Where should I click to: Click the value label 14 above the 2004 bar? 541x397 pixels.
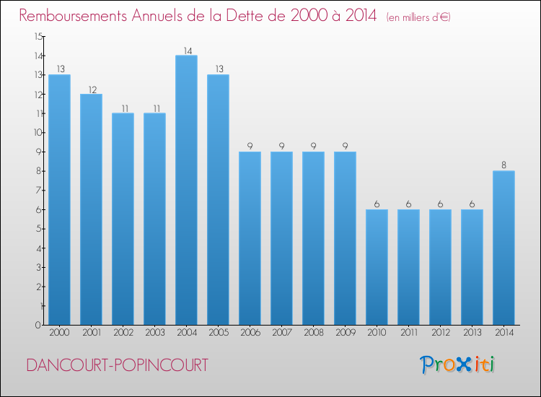click(186, 51)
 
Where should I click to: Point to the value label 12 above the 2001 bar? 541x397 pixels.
click(91, 89)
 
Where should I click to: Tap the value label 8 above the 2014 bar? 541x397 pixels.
click(503, 165)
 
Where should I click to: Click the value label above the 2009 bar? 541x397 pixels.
click(345, 147)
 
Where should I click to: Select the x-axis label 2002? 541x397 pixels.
click(123, 333)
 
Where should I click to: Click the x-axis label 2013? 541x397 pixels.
click(472, 333)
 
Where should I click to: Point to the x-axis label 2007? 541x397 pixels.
click(281, 333)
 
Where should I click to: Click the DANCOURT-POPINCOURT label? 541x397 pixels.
click(117, 366)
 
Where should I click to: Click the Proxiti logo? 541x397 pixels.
click(458, 365)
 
